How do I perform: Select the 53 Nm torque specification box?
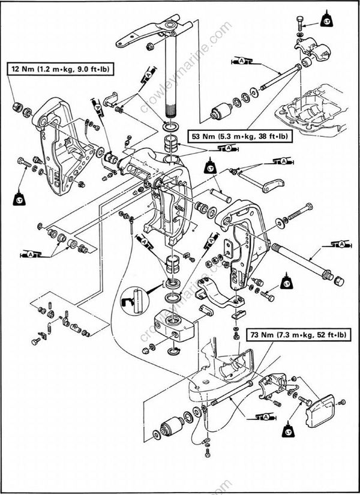pos(238,136)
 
